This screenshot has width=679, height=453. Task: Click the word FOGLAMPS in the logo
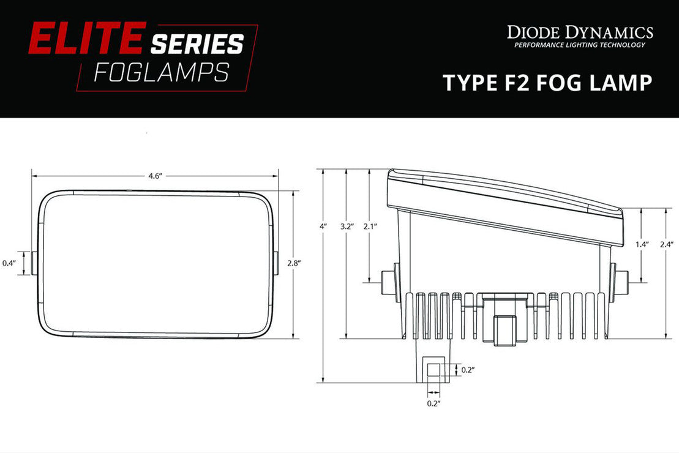[161, 72]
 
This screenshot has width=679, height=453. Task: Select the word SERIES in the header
[197, 43]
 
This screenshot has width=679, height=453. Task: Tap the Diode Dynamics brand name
[579, 32]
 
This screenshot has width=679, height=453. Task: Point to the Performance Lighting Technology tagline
[579, 45]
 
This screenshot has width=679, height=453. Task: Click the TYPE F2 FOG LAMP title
[547, 83]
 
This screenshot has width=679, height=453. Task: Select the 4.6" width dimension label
[154, 176]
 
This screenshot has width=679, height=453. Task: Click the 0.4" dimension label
[9, 263]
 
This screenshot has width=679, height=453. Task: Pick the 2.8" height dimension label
[294, 263]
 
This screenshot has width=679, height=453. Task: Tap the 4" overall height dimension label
[323, 226]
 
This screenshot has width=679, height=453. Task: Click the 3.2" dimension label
[347, 226]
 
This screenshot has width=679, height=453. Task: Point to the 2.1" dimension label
[370, 226]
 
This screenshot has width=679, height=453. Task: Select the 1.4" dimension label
[642, 244]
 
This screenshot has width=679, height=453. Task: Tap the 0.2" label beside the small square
[468, 370]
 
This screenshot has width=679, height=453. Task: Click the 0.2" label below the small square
[433, 403]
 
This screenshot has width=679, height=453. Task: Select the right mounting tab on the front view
[275, 263]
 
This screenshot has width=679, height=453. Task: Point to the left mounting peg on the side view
[388, 282]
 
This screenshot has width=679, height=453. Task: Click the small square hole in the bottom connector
[433, 370]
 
